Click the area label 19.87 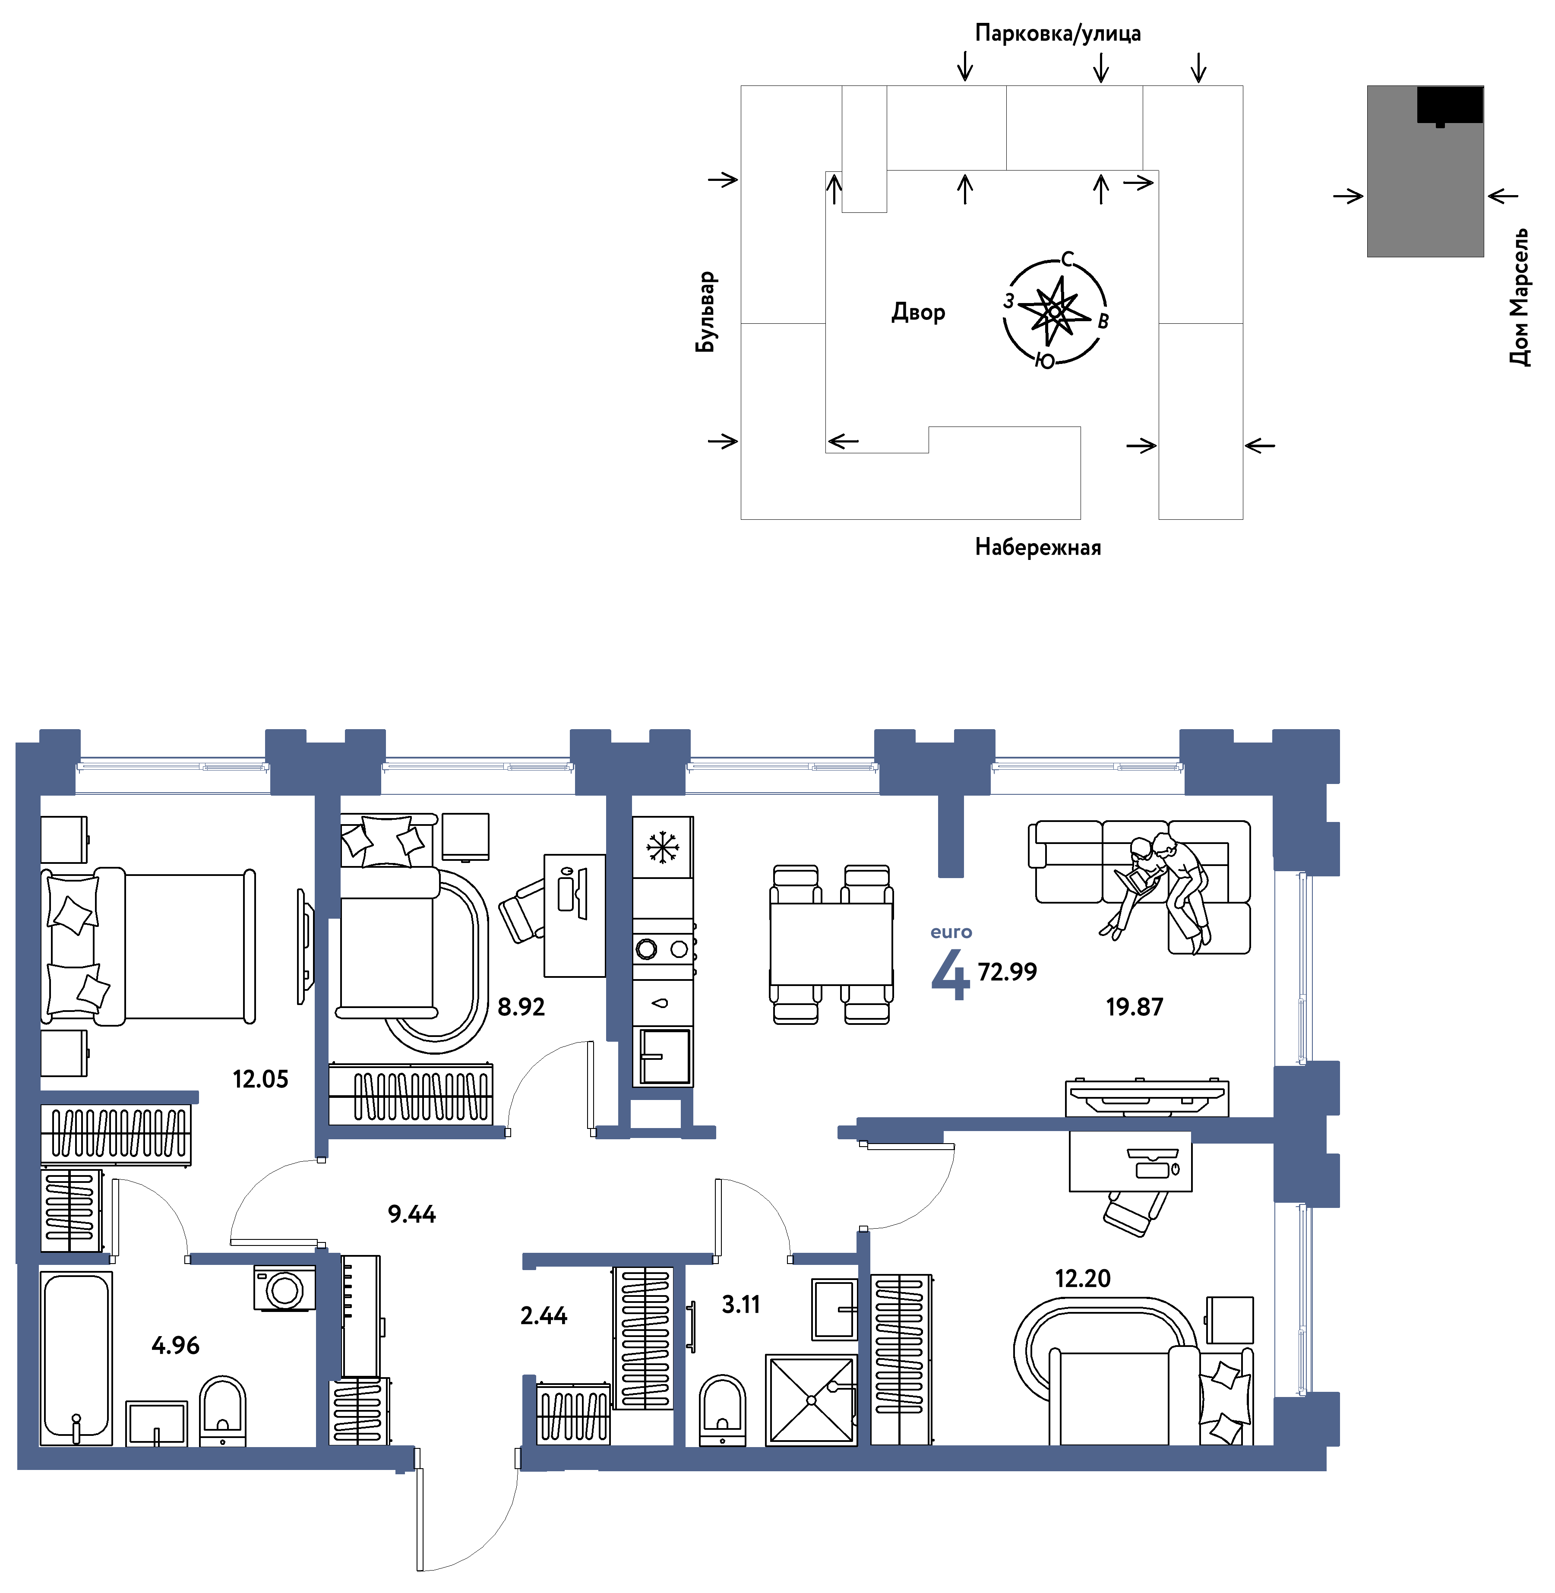[x=1135, y=1007]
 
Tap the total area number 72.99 [x=1007, y=972]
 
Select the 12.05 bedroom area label [x=260, y=1079]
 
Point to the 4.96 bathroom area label [x=176, y=1345]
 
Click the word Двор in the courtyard [x=919, y=312]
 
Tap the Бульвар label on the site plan [x=706, y=312]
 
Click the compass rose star [x=1054, y=311]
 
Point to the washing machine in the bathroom [x=284, y=1289]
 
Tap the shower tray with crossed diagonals [x=811, y=1400]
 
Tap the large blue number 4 [x=951, y=975]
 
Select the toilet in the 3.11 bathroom [x=722, y=1410]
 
